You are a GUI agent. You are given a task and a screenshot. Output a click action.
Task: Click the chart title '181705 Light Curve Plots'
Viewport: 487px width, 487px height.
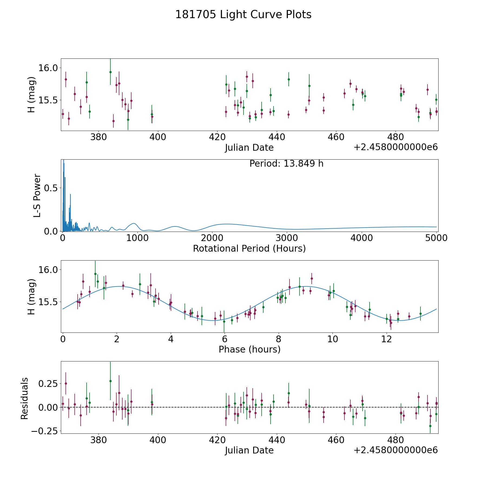(x=243, y=15)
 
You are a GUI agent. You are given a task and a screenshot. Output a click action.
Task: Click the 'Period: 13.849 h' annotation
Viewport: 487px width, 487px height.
(x=286, y=164)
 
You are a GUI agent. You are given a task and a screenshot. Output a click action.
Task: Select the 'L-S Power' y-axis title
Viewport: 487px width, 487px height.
(x=37, y=196)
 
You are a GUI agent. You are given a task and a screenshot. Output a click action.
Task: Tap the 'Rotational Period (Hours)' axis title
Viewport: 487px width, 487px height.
(x=249, y=248)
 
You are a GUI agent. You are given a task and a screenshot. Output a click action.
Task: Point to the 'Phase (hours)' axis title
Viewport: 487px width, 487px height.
(x=249, y=349)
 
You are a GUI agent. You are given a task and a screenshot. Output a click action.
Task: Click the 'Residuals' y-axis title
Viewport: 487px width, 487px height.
(x=25, y=399)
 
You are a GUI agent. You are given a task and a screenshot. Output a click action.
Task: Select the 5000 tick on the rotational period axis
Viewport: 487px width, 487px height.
(x=436, y=238)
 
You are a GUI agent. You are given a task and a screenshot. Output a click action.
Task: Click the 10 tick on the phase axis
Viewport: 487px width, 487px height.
(x=333, y=339)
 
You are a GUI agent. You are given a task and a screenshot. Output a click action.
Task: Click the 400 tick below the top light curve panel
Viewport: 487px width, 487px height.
(x=158, y=137)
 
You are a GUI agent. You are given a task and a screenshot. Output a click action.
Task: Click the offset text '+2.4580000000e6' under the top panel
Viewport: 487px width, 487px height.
(x=396, y=147)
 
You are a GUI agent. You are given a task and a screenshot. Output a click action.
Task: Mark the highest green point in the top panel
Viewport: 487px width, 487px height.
(x=110, y=72)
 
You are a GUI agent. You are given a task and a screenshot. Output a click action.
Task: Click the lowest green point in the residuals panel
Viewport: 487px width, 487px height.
(x=430, y=426)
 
